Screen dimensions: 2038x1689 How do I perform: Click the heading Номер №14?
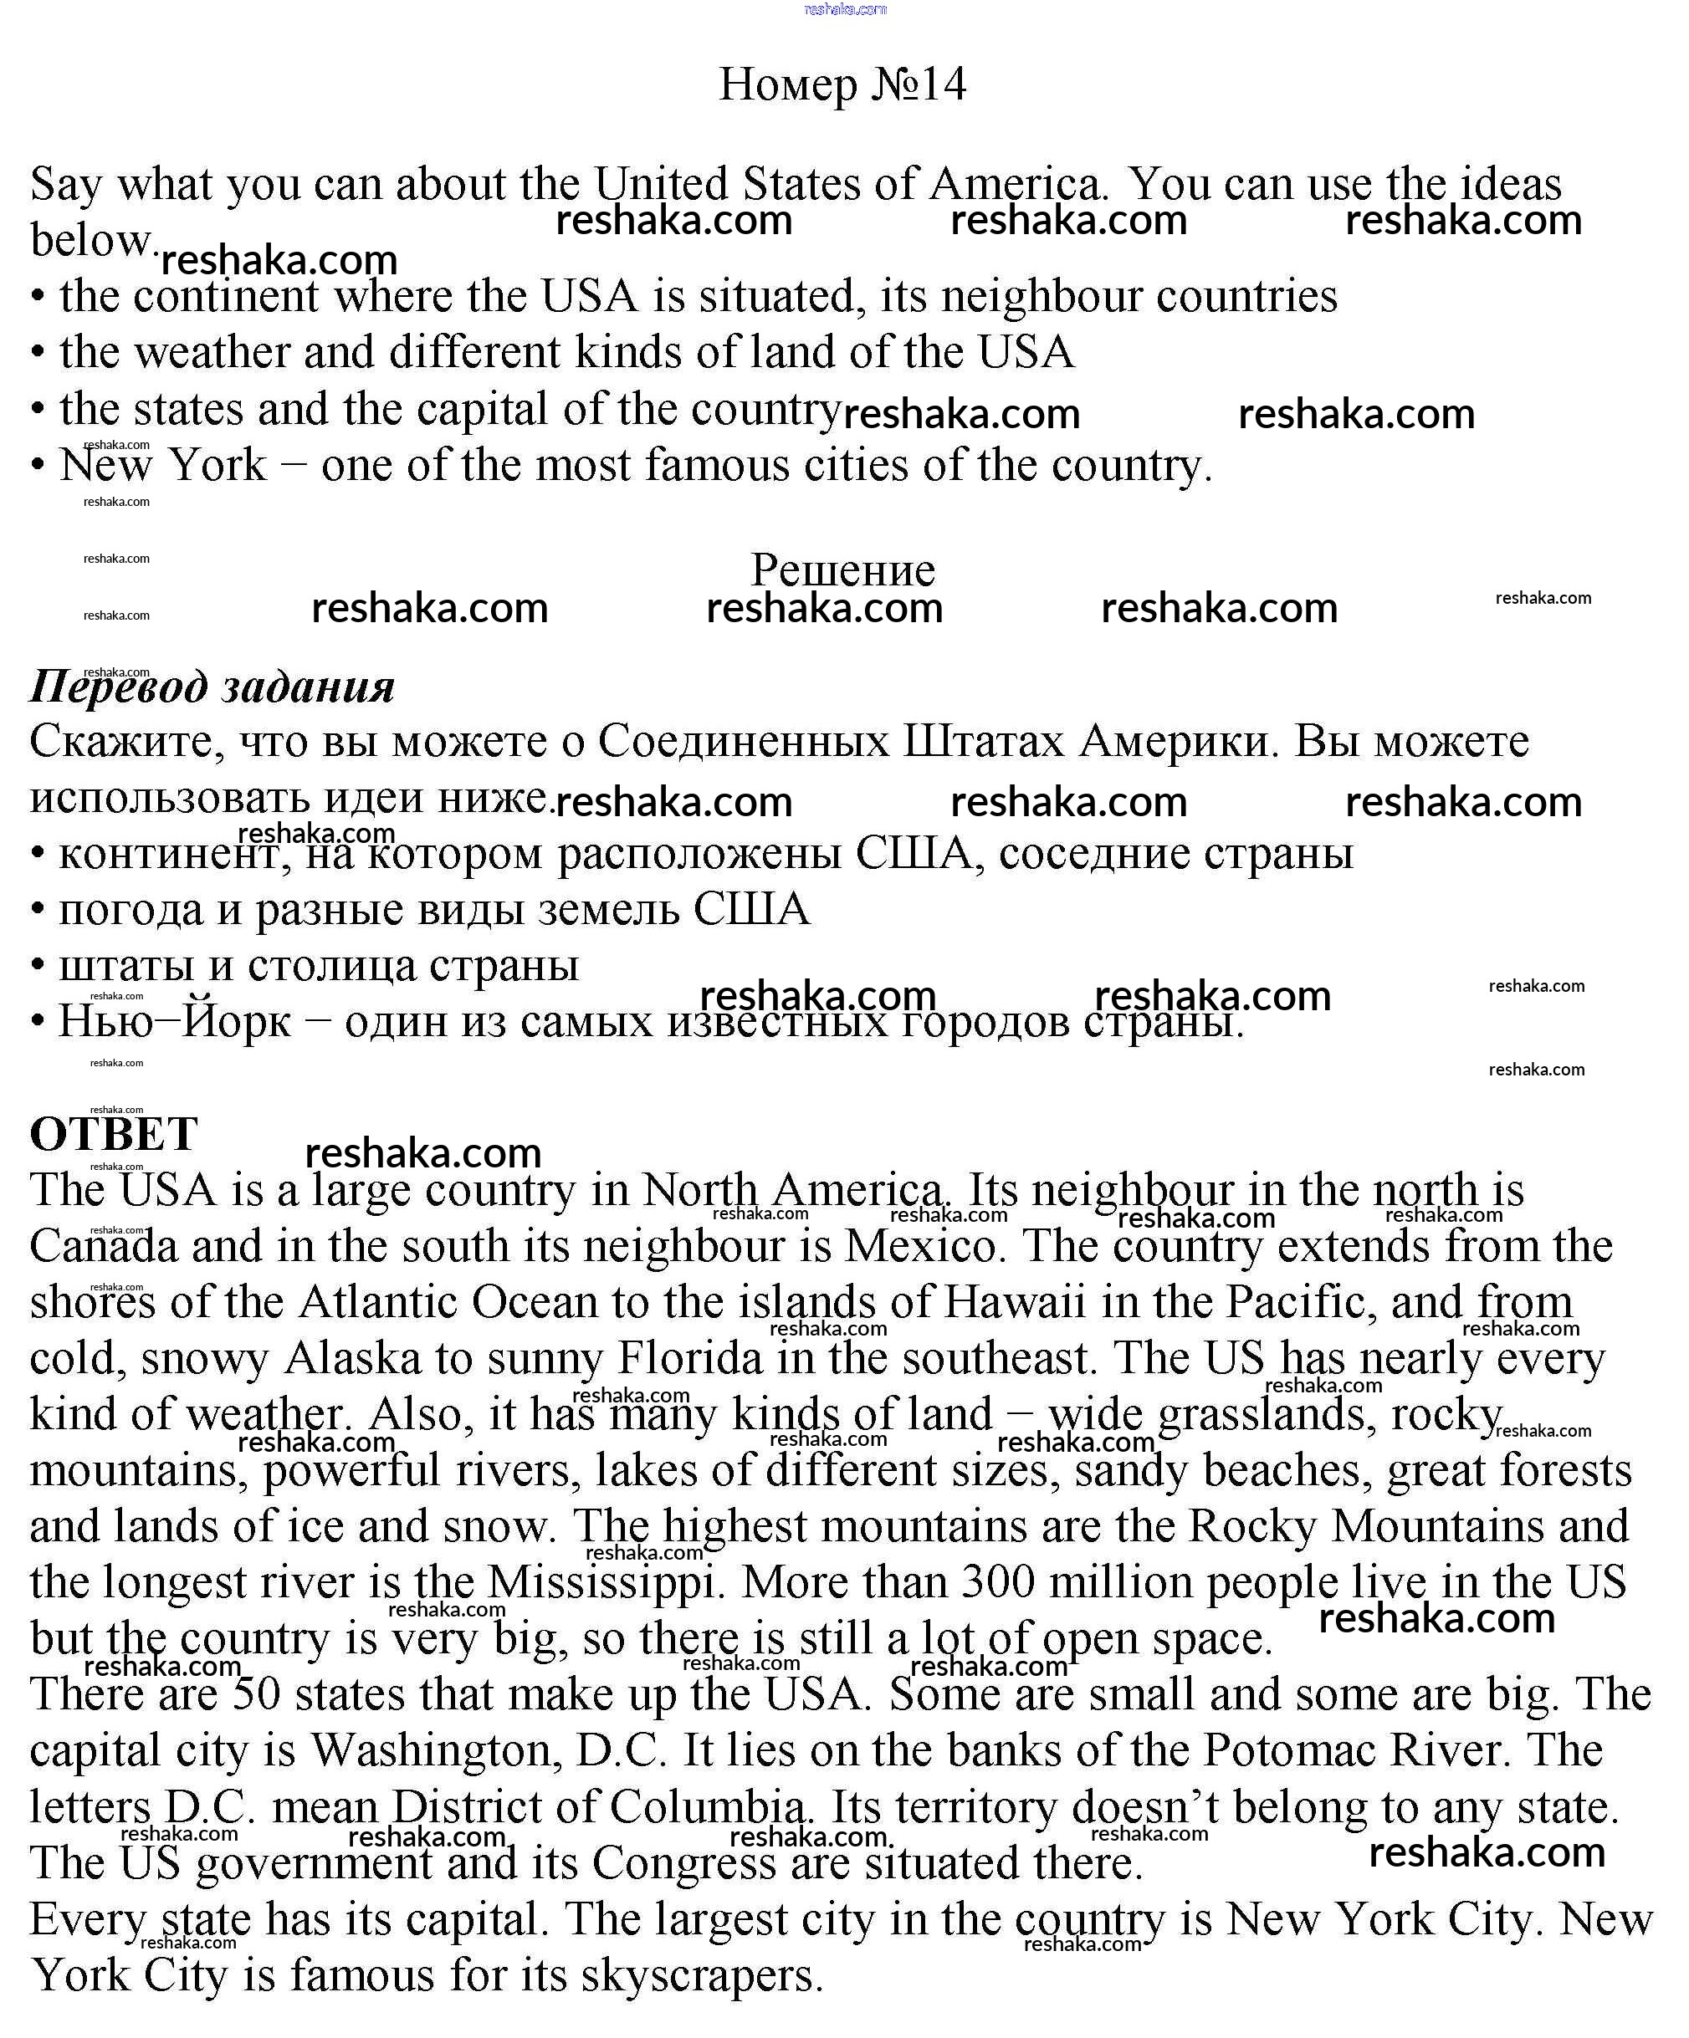click(842, 84)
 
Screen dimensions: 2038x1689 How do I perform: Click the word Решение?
click(842, 570)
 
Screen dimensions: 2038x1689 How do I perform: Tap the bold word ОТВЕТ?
click(114, 1133)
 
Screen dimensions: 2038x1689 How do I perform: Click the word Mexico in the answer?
click(920, 1246)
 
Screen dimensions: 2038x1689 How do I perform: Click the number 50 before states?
click(256, 1694)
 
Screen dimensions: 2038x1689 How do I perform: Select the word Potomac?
click(1288, 1750)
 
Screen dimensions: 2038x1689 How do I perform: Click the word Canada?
click(104, 1246)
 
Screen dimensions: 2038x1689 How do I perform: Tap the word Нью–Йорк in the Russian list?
click(175, 1022)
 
